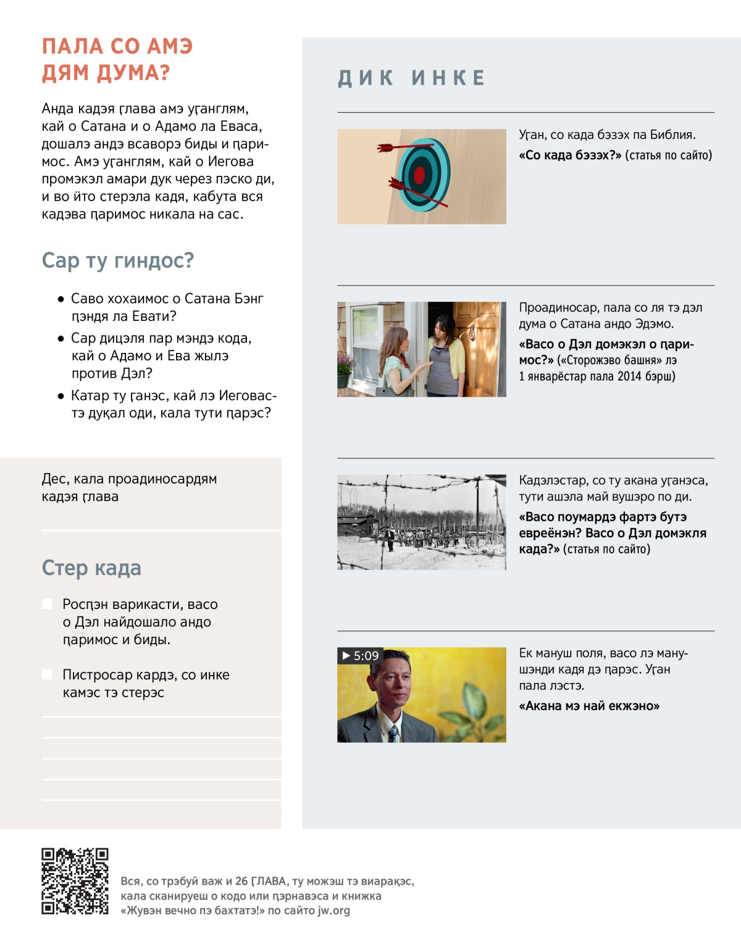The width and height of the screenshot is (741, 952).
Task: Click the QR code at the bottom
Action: coord(75,880)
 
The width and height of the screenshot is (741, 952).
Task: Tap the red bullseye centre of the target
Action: coord(419,175)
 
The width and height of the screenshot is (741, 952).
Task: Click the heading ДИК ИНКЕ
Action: coord(412,78)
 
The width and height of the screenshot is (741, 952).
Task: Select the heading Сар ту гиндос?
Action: coord(117,260)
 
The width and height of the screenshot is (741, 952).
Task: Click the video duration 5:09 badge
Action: coord(360,655)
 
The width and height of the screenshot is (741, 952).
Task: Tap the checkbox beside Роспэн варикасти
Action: coord(47,604)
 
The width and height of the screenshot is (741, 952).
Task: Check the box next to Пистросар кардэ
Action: coord(47,674)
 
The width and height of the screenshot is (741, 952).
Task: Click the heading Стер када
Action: coord(91,568)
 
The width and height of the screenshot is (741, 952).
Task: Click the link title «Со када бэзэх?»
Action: coord(570,155)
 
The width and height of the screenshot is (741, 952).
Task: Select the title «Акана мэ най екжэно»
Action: coord(589,706)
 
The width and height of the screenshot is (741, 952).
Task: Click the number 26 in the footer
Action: coord(241,881)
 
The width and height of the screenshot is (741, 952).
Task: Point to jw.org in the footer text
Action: coord(333,910)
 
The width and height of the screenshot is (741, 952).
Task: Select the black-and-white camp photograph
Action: coord(422,522)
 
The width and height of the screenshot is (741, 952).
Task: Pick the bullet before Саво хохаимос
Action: coord(61,299)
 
